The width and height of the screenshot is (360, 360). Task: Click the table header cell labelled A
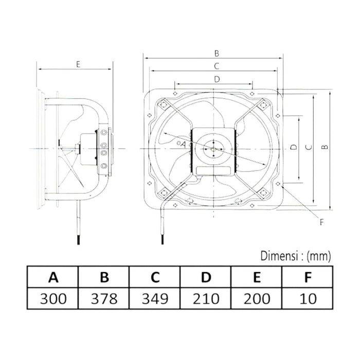point(52,278)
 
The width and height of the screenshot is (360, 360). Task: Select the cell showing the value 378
point(104,298)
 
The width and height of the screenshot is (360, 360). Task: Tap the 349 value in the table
point(155,298)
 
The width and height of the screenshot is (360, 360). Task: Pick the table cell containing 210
point(206,298)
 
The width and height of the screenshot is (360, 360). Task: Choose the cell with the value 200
point(257,298)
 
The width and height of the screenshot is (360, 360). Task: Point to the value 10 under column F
point(308,298)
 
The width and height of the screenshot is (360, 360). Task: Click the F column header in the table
point(308,278)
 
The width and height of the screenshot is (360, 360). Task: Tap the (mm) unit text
point(320,255)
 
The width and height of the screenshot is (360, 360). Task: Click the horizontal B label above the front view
point(217,52)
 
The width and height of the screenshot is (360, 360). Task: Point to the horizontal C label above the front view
point(217,65)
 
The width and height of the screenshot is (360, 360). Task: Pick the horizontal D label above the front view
point(217,79)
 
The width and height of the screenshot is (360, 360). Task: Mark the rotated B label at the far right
point(324,148)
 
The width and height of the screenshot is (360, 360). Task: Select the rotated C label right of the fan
point(308,148)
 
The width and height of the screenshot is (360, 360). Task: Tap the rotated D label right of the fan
point(293,148)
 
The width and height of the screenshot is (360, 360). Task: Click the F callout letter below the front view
point(322,222)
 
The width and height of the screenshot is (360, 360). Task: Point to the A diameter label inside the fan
point(183,145)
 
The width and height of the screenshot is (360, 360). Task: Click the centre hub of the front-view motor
point(212,148)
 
